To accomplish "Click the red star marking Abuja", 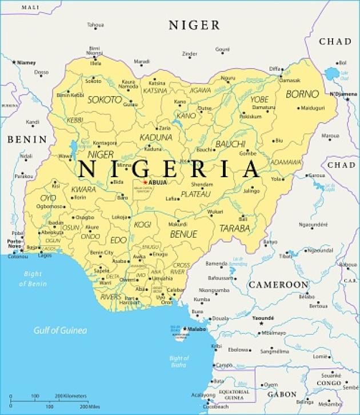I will (145, 182).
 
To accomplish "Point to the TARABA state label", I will (235, 228).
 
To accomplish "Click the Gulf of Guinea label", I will (60, 330).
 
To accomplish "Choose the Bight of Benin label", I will (31, 278).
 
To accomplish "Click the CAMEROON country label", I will (278, 284).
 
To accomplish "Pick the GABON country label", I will (282, 394).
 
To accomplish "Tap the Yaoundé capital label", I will (263, 318).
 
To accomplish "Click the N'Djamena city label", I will (342, 93).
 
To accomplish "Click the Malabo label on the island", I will (197, 329).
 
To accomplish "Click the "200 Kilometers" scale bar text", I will (71, 396).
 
